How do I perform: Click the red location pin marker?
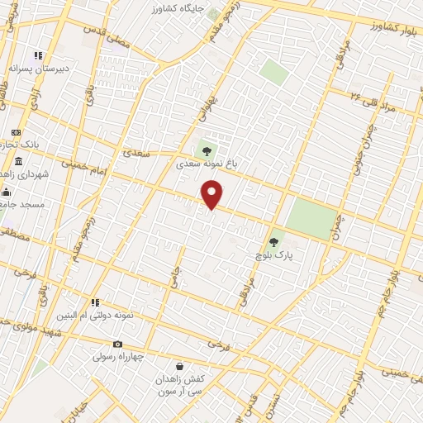click(x=212, y=195)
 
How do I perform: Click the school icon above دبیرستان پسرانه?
click(x=37, y=55)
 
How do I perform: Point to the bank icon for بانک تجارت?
click(x=16, y=132)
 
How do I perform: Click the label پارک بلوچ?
click(x=278, y=255)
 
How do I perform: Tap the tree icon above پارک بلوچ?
click(x=273, y=242)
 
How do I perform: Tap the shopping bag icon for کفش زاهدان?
click(x=179, y=366)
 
